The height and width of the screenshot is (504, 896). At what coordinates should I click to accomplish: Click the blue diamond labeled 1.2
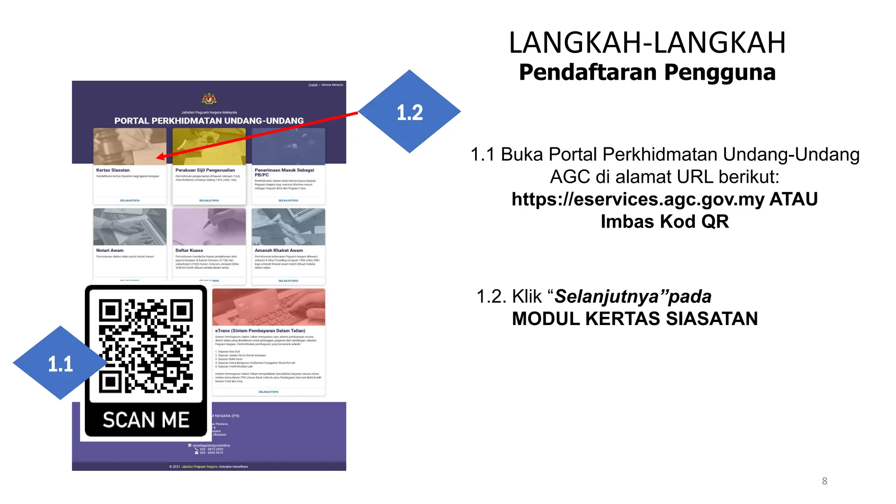409,112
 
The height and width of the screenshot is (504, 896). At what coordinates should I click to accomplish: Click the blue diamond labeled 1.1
60,363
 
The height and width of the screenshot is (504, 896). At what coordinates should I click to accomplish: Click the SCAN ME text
146,420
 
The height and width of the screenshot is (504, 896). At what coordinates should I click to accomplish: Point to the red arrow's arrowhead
161,157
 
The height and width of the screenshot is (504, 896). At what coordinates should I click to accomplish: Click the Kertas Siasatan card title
113,170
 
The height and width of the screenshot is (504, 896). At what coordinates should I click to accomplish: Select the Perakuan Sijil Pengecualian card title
205,170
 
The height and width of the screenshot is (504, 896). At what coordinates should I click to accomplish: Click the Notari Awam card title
110,251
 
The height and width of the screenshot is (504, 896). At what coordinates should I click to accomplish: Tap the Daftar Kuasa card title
189,251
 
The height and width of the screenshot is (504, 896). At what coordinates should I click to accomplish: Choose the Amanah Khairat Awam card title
279,251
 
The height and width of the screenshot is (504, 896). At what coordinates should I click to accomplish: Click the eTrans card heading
260,331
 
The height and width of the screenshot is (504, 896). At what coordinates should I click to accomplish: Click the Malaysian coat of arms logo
209,98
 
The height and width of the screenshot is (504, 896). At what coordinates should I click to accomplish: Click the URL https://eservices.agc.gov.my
638,199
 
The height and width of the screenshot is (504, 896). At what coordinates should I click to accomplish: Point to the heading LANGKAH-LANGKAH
647,43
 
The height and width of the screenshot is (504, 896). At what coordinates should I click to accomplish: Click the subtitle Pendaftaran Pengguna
647,73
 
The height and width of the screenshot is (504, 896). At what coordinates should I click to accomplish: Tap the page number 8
824,481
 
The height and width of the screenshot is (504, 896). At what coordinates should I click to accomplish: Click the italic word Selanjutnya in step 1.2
605,297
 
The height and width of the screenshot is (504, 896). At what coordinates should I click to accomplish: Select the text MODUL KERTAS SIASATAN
634,319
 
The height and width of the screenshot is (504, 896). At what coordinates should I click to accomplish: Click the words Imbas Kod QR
665,222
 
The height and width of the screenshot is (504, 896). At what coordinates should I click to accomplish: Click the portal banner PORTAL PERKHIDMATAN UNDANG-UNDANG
209,121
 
